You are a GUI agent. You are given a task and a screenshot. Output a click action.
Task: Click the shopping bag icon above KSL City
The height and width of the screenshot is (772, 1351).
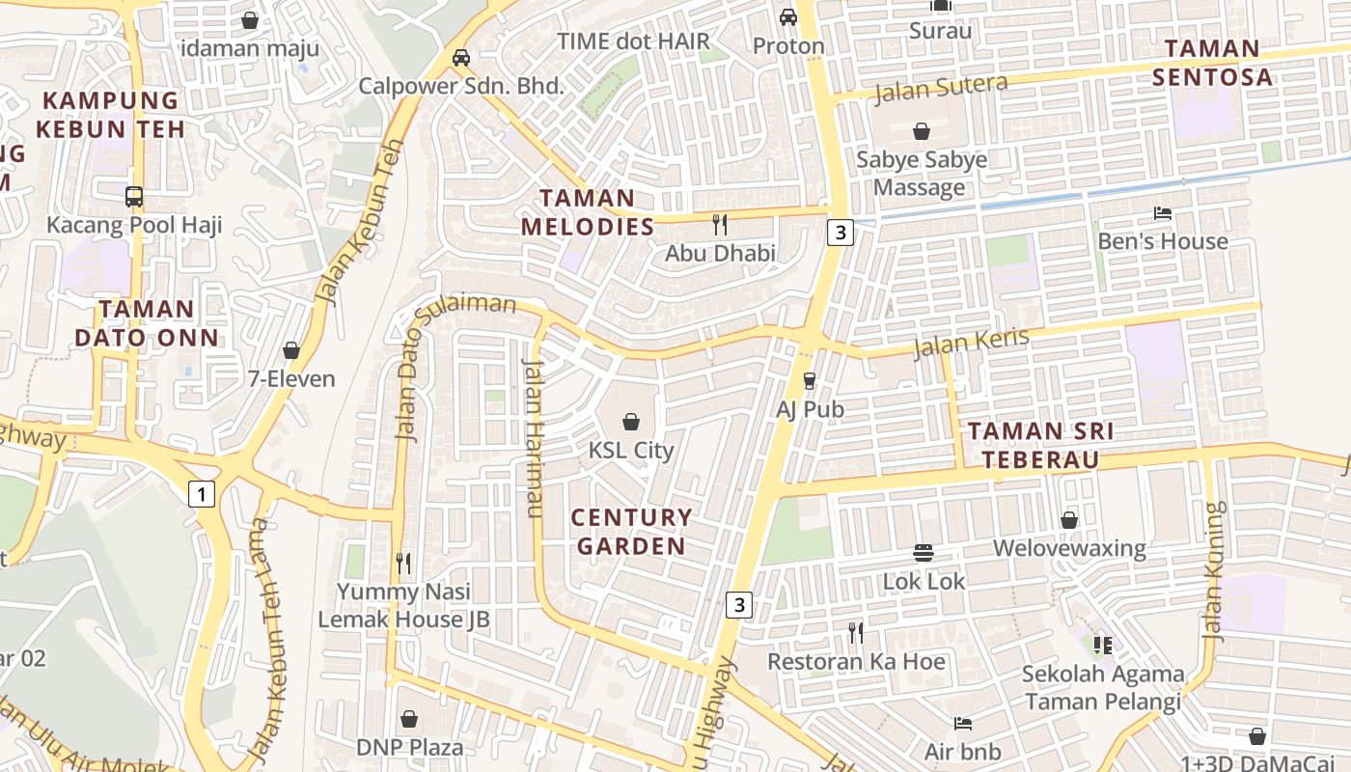[631, 422]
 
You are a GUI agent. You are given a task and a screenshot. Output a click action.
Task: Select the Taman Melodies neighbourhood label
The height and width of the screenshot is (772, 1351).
[588, 212]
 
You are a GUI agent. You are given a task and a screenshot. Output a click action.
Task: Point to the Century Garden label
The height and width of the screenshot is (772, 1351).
[631, 532]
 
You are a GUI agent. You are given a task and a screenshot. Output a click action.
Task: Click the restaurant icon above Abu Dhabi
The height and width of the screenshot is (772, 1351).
[719, 225]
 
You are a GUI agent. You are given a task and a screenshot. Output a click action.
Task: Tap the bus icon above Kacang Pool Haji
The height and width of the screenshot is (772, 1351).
[134, 197]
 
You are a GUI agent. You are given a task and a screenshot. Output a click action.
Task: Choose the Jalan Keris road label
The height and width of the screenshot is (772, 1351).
[971, 343]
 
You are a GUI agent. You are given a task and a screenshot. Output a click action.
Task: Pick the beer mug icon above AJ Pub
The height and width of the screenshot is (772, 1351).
[810, 381]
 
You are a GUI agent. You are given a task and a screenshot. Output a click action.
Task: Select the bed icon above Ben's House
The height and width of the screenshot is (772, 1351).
[1163, 212]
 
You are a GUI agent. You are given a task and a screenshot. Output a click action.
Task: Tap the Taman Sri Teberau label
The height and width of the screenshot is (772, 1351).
[1033, 445]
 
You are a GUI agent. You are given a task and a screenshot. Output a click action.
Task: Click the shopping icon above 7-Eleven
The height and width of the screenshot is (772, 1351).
[291, 350]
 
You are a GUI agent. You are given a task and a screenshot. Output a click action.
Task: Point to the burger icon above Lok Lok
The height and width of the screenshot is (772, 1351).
[924, 553]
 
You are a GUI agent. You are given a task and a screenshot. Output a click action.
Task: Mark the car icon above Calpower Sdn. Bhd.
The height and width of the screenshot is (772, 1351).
[461, 57]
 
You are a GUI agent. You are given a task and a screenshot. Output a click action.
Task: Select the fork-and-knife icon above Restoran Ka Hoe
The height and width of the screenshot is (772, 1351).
[856, 633]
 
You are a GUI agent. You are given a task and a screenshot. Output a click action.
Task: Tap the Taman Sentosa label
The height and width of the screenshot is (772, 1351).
[1212, 63]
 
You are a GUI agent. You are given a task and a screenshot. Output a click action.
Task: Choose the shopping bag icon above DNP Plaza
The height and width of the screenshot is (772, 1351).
[409, 719]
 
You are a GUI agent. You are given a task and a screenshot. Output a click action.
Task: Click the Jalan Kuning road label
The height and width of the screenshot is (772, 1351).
[1214, 571]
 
